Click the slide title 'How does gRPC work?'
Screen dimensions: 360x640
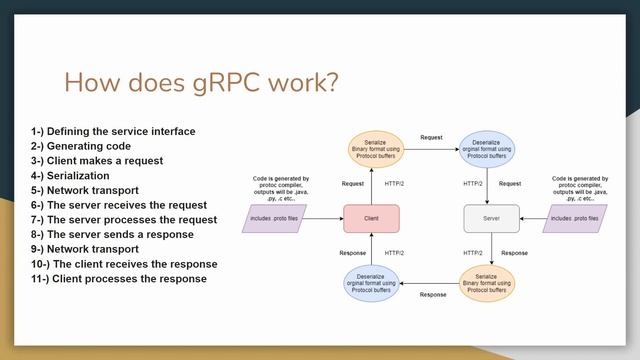coord(201,82)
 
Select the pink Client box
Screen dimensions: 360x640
coord(371,218)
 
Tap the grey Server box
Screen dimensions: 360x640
coord(492,218)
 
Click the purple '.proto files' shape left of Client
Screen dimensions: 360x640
coord(275,218)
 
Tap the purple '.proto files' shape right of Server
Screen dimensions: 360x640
coord(575,218)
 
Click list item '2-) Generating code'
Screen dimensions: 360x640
coord(80,146)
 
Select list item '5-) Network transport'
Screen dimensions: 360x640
coord(85,190)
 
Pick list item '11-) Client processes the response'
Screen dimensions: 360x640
coord(119,278)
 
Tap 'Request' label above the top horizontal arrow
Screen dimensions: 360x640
coord(431,137)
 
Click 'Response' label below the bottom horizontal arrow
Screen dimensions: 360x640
coord(433,295)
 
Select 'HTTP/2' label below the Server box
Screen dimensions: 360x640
coord(473,253)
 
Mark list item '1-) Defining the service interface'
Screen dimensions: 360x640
coord(113,131)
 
